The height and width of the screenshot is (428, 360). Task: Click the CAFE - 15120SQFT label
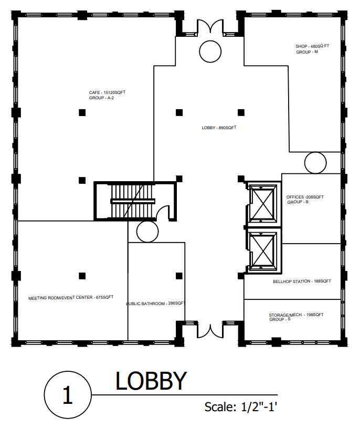107,92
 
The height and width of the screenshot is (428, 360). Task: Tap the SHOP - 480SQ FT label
312,46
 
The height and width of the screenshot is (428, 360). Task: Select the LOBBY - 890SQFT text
219,128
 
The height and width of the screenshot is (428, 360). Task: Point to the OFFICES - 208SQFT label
305,197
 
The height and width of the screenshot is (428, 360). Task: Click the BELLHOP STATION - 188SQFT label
302,281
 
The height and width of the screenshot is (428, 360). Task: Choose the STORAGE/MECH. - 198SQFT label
296,315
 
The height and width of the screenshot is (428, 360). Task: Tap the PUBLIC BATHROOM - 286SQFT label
155,304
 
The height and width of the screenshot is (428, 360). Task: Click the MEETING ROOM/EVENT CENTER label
60,298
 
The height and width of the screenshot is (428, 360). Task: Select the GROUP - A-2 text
101,98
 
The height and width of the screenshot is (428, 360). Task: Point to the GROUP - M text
307,51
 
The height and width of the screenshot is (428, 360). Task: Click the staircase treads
133,201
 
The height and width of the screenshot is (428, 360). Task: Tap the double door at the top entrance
210,27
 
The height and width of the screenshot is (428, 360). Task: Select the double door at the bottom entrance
210,330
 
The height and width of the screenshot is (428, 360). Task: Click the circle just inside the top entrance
210,40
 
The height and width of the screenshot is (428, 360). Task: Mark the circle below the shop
315,152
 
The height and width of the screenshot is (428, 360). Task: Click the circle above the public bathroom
147,221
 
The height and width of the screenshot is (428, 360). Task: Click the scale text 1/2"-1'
259,407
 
